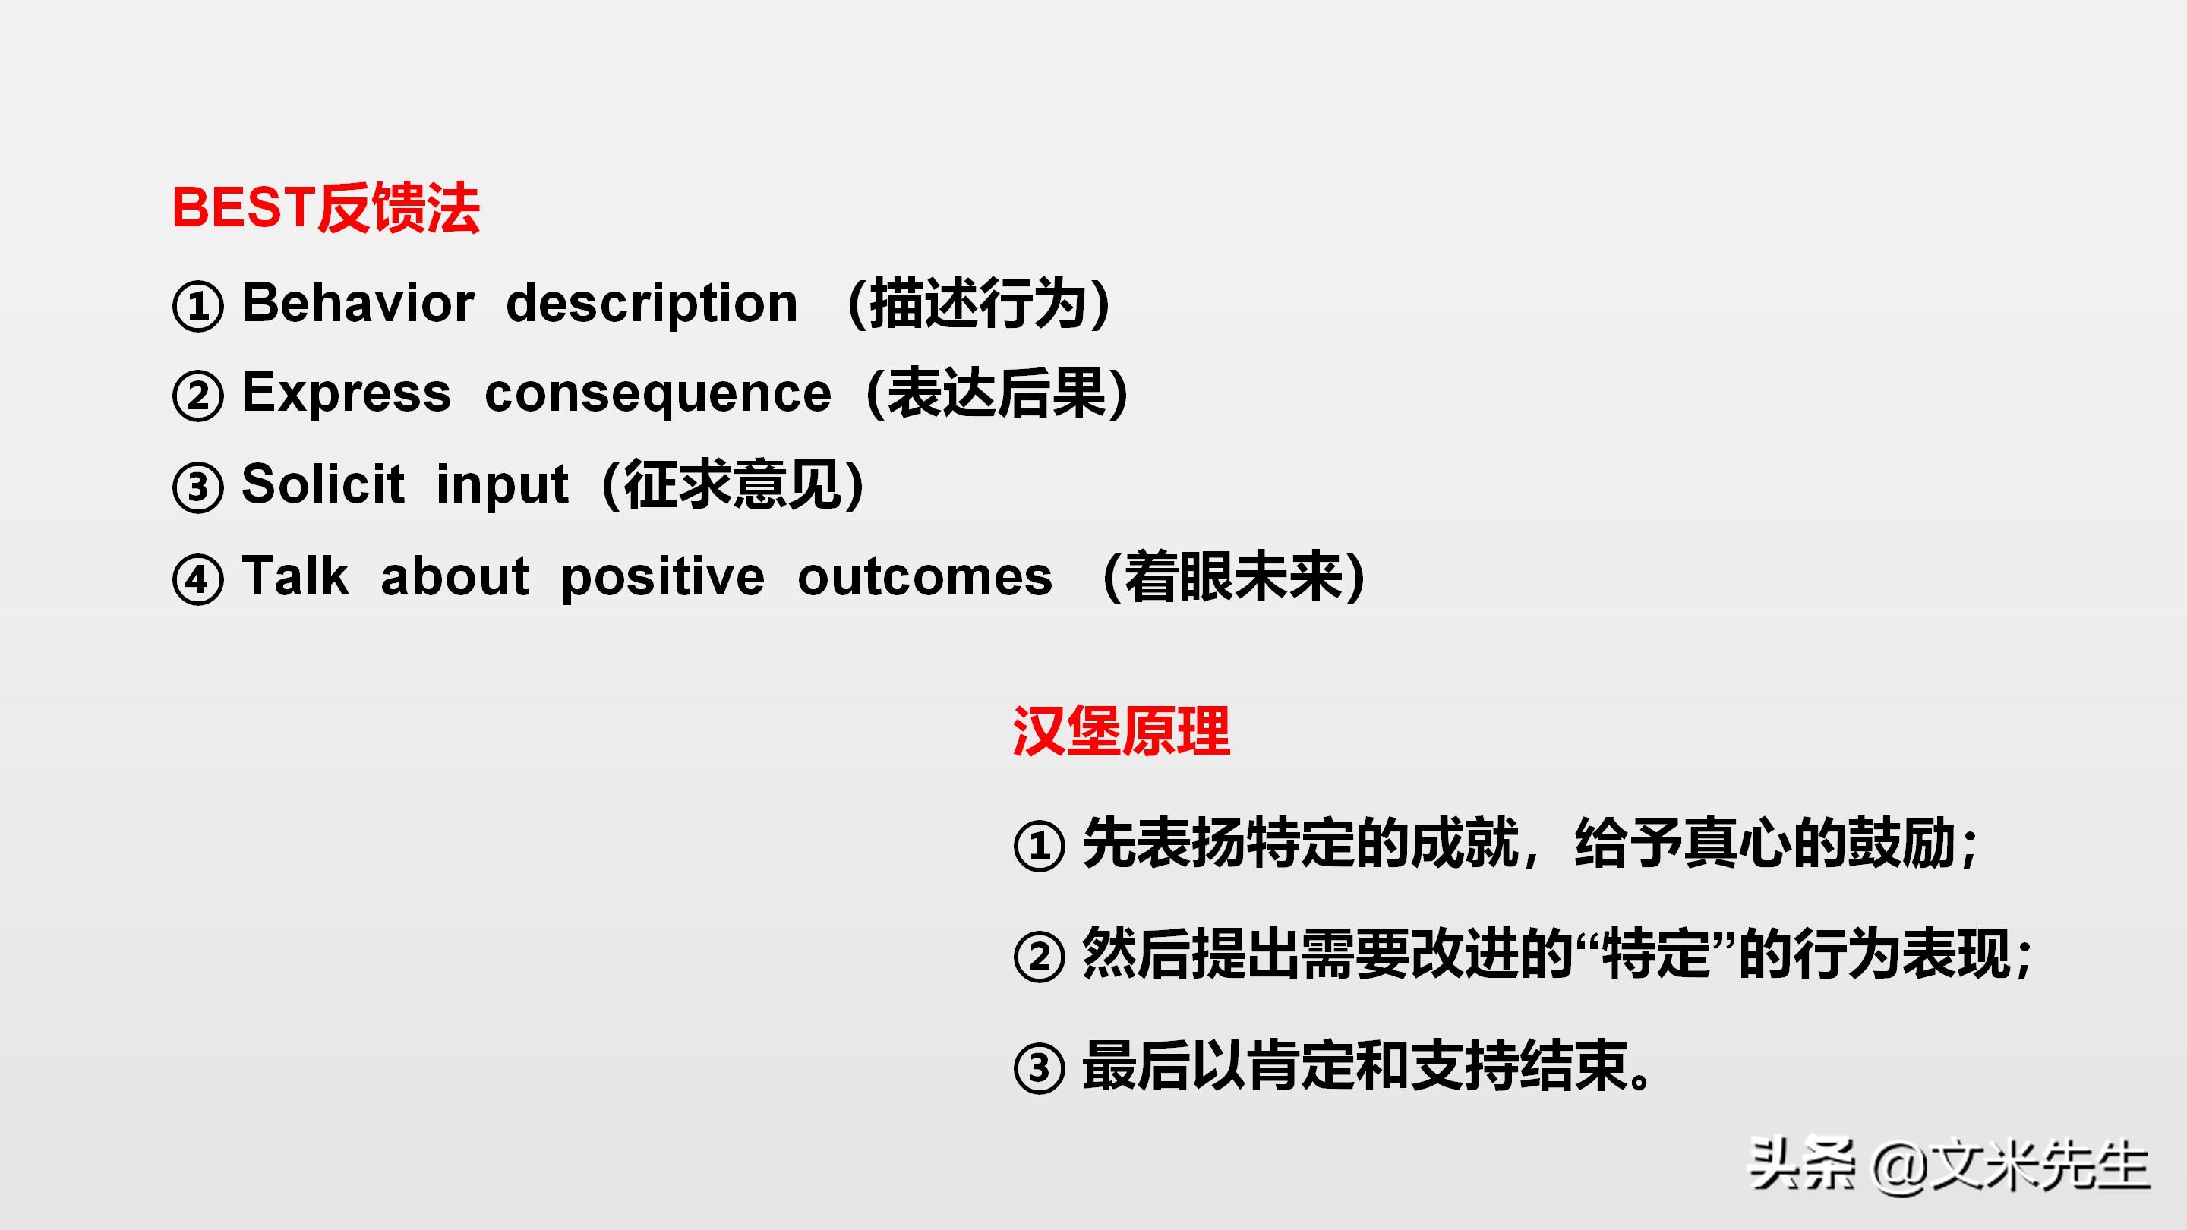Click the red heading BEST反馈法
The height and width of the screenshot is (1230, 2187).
[x=326, y=208]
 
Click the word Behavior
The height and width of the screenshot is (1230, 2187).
[x=358, y=302]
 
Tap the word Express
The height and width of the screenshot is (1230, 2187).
[x=346, y=395]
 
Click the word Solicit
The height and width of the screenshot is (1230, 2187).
[x=323, y=484]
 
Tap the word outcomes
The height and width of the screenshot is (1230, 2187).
[x=926, y=578]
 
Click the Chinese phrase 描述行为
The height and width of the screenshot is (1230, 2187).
[x=978, y=304]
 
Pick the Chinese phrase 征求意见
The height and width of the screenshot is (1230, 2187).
[x=733, y=484]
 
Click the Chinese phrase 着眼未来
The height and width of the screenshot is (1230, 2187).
[x=1233, y=576]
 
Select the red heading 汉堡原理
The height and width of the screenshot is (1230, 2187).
[x=1122, y=731]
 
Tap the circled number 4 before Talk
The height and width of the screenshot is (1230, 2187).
[x=197, y=580]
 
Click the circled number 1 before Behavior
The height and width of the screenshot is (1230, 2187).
[x=197, y=305]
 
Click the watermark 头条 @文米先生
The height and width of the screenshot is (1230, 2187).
[x=1949, y=1166]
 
